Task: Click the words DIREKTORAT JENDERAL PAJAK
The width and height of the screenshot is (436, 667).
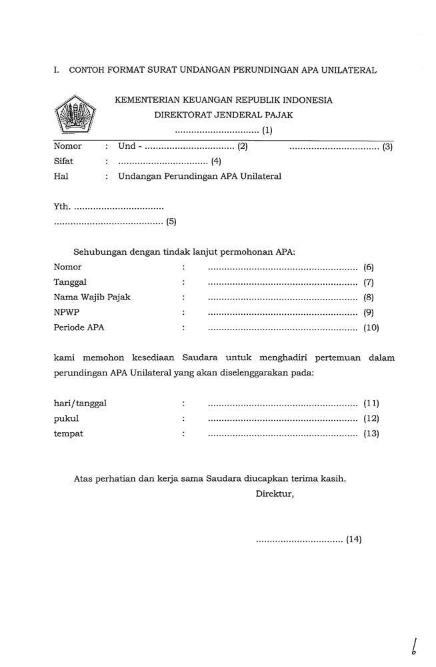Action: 224,115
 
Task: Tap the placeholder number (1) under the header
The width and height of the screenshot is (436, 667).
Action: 267,130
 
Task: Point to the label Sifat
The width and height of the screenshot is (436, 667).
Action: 63,161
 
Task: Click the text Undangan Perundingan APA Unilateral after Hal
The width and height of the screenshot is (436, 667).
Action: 199,177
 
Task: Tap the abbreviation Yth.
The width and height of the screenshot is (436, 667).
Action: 61,207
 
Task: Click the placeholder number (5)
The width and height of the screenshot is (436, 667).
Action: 171,222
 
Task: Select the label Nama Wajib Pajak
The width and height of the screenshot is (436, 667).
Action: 92,297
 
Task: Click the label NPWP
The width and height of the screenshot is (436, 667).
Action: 66,313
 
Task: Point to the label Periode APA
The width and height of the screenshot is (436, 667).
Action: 79,328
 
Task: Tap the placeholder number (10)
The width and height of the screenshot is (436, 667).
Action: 371,328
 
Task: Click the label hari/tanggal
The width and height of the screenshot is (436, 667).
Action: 80,404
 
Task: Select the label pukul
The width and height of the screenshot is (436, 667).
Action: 66,419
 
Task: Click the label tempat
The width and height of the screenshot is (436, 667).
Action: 69,434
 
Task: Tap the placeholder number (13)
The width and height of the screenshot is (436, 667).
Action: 371,434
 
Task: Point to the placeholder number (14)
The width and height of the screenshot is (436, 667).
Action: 354,540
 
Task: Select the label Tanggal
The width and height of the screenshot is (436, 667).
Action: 70,282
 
